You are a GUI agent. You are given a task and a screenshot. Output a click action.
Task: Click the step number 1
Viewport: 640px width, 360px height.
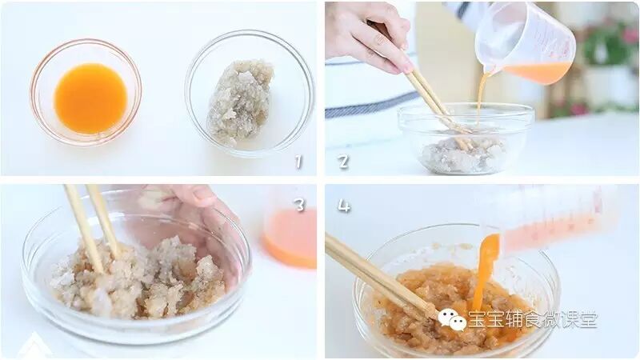298,162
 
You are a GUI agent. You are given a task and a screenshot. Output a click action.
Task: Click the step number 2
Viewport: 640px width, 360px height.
343,162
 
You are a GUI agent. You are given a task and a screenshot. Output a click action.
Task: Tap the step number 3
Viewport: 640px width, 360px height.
300,205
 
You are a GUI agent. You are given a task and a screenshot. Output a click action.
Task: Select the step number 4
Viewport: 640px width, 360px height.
344,206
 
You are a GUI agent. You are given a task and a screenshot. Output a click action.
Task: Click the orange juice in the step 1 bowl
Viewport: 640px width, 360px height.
90,98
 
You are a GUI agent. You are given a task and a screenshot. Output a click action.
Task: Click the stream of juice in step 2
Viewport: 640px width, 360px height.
482,98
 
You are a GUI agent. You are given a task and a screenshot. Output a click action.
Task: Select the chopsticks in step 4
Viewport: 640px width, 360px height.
379,277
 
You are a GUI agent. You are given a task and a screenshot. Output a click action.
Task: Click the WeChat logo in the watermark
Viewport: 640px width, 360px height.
452,319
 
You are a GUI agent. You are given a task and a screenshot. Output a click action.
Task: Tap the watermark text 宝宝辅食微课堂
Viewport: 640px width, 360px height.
533,319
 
